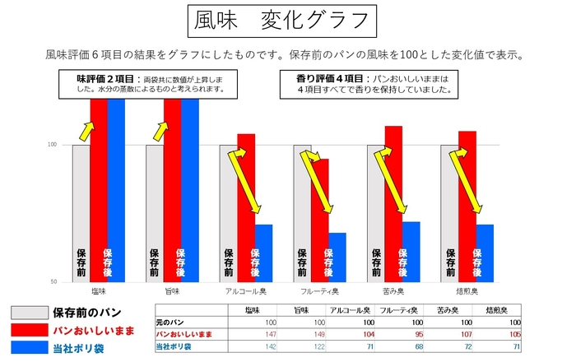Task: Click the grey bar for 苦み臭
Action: [x=375, y=213]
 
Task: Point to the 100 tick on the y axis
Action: [x=52, y=145]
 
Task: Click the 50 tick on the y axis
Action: [x=53, y=282]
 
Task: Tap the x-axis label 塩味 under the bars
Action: [x=98, y=290]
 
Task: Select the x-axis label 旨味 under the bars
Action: [x=171, y=290]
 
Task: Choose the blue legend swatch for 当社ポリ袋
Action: [x=28, y=347]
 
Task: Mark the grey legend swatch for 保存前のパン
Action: [x=28, y=313]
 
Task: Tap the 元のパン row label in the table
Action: [x=174, y=322]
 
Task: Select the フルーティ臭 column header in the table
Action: [x=400, y=309]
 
